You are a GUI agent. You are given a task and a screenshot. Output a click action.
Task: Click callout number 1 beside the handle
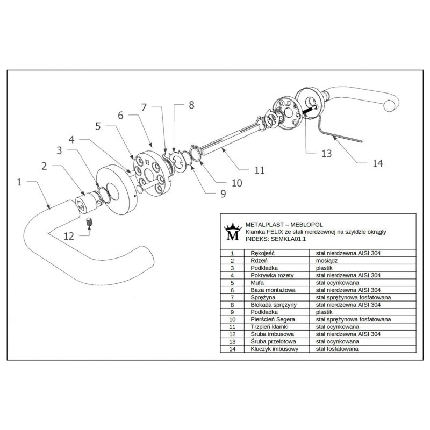(19, 182)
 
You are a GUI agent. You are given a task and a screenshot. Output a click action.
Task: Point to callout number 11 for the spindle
(260, 171)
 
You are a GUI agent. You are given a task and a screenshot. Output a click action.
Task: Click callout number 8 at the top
(192, 106)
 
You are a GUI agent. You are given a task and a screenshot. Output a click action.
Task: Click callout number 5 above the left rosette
(98, 127)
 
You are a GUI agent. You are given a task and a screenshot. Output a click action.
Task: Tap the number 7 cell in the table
(232, 297)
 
